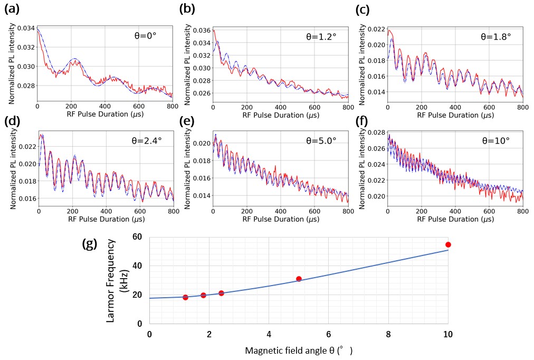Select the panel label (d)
coord(13,121)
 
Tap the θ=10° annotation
coord(495,141)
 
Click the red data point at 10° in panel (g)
coord(448,244)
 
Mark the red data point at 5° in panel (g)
coord(299,279)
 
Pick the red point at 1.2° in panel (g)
coord(185,297)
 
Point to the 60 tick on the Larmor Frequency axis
coord(138,237)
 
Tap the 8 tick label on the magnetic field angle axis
coord(388,334)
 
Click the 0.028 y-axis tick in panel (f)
coord(376,131)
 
